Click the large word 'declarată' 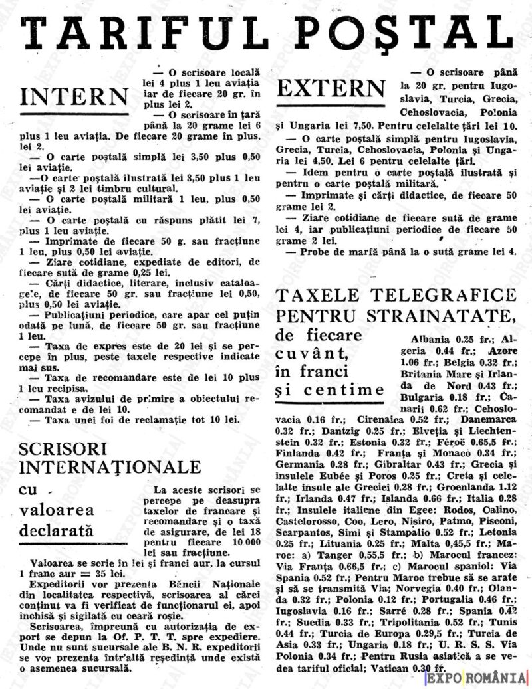(57, 530)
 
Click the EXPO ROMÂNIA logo (476, 678)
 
